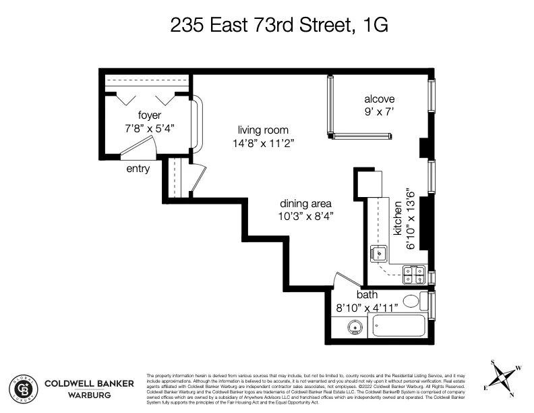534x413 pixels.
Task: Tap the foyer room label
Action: [x=150, y=115]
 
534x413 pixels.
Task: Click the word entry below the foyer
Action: [x=138, y=169]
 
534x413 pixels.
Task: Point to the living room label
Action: [x=263, y=130]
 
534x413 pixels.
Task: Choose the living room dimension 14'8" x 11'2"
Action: [x=263, y=143]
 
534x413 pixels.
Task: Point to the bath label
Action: [x=367, y=295]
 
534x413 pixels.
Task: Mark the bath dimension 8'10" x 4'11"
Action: [x=367, y=307]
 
